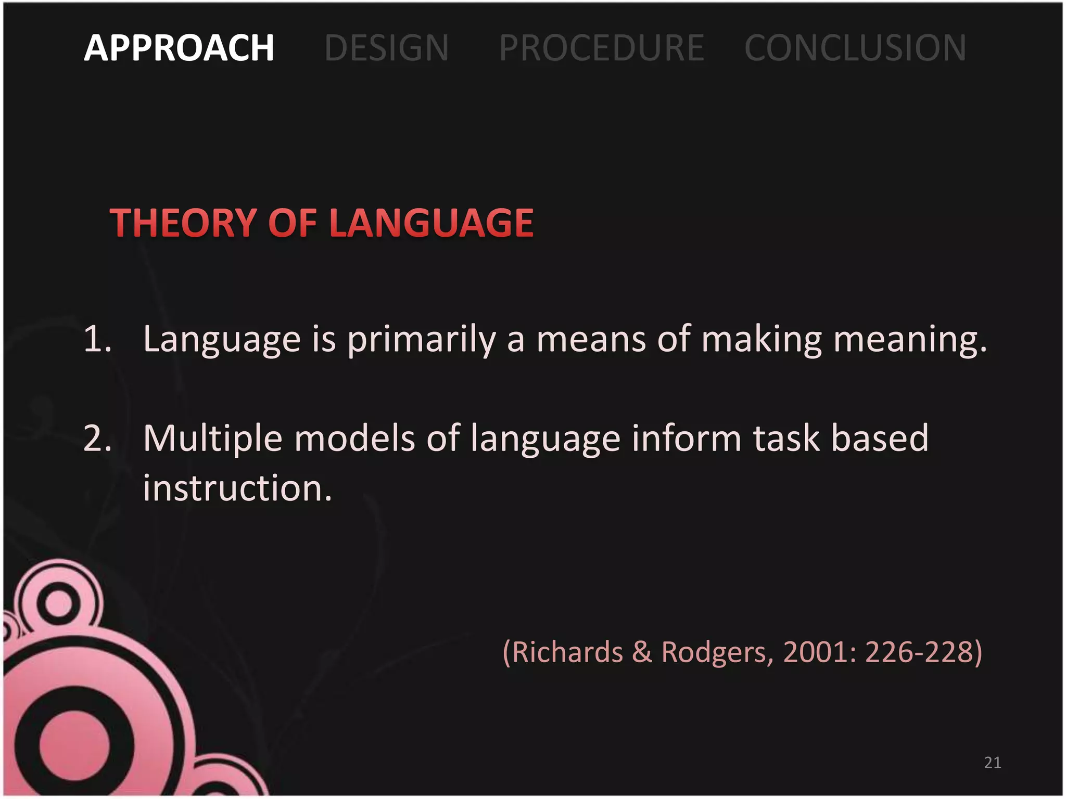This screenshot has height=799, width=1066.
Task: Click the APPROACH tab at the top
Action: (179, 48)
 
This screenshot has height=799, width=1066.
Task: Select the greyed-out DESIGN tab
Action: (386, 48)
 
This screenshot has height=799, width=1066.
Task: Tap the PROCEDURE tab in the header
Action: (601, 48)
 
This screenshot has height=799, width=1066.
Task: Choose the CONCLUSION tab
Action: (855, 48)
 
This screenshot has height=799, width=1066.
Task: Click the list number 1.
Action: (96, 339)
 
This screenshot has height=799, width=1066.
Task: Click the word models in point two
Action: (354, 439)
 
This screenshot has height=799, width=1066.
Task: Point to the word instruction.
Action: (237, 488)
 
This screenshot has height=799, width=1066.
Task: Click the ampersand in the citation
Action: (642, 652)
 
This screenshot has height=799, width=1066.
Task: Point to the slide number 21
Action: (992, 763)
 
